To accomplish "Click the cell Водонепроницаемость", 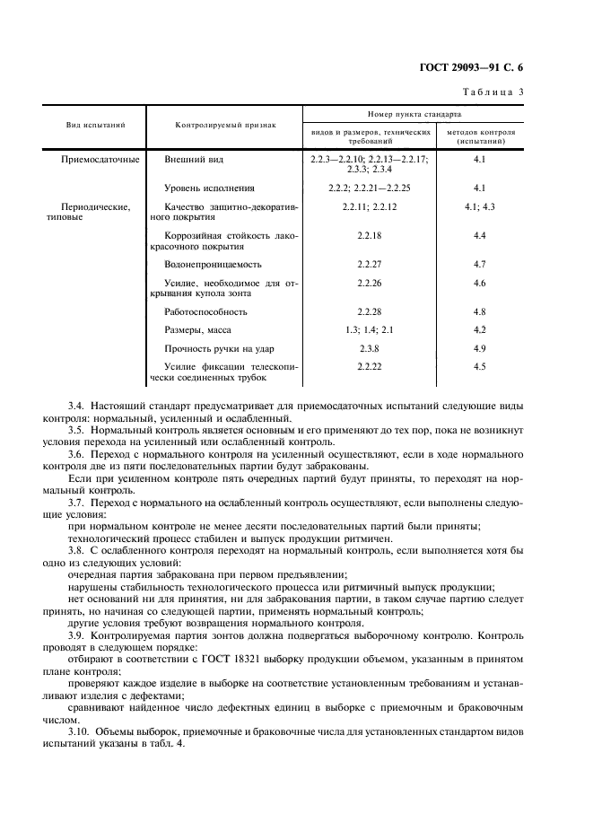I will (x=213, y=265).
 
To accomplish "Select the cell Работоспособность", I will (x=205, y=311).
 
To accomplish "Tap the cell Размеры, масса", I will (x=197, y=330).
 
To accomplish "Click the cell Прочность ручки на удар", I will (x=219, y=348).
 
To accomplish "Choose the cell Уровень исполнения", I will (x=209, y=188).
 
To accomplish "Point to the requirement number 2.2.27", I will (x=369, y=265).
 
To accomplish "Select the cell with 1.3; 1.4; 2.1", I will (x=369, y=330).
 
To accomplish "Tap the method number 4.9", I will (x=479, y=348).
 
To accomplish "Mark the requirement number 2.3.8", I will (x=369, y=348).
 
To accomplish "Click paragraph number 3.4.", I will (x=75, y=407).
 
